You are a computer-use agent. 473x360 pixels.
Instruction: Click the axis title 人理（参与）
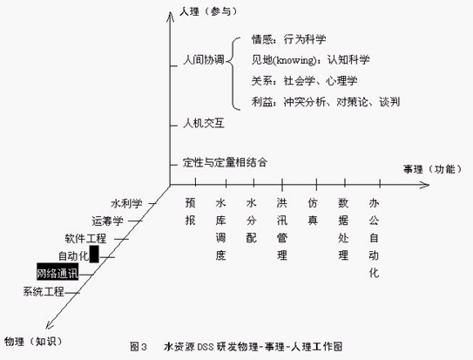pos(208,12)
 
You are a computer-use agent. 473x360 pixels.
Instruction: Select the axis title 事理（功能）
pos(433,169)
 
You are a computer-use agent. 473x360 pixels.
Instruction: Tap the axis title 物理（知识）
pos(33,342)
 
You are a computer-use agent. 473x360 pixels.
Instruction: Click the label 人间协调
pos(204,60)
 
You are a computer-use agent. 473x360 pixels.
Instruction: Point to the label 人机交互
pos(204,123)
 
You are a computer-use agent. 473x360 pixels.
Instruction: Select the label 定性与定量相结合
pos(225,162)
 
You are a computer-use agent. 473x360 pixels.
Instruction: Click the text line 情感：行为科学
pos(288,39)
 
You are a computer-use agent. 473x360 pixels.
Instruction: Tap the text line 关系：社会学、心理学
pos(304,81)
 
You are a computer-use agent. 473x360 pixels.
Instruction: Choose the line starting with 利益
pos(326,102)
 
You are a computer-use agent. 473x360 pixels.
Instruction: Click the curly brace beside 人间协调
pos(233,73)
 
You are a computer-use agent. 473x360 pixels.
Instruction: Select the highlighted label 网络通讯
pos(57,274)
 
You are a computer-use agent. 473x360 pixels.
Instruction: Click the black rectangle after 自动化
pos(94,254)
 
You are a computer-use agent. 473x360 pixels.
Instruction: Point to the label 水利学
pos(126,204)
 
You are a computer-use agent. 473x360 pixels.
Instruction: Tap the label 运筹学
pos(108,221)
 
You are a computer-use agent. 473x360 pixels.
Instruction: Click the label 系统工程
pos(44,292)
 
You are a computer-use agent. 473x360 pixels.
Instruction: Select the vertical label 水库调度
pos(220,229)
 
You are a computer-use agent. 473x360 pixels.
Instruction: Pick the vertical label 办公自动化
pos(374,238)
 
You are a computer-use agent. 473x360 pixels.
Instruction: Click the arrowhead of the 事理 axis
pos(424,185)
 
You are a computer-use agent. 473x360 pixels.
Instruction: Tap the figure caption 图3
pos(139,346)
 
